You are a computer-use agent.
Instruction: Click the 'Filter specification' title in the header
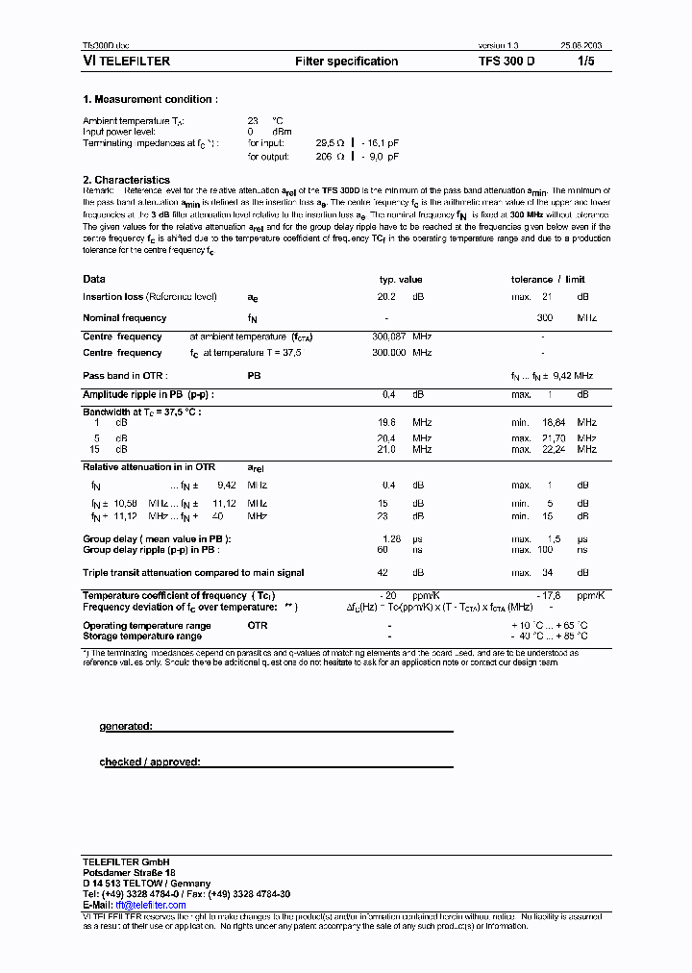[346, 62]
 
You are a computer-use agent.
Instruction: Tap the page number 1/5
[586, 62]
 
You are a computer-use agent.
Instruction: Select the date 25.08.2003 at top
[582, 46]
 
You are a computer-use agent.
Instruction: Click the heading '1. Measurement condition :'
[150, 99]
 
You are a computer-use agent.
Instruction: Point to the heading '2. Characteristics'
[126, 180]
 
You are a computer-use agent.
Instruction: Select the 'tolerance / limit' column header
[547, 280]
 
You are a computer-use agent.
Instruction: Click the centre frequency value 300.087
[389, 337]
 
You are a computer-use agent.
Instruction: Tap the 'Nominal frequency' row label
[124, 318]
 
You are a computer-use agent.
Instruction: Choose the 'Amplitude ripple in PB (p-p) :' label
[148, 395]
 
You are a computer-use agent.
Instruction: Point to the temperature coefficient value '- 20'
[388, 596]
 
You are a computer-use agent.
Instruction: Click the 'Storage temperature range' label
[142, 636]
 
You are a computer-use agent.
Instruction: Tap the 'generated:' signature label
[126, 727]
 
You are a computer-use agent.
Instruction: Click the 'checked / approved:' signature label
[150, 762]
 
